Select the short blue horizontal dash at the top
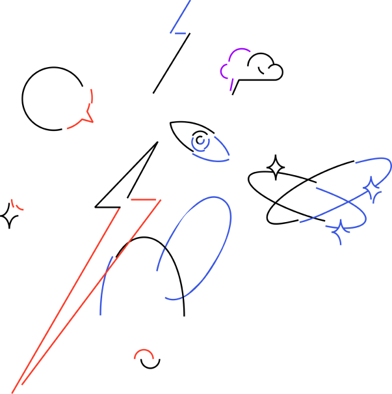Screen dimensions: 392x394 tap(180, 33)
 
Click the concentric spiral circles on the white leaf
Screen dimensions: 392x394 tap(200, 140)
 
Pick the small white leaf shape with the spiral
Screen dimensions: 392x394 tap(183, 130)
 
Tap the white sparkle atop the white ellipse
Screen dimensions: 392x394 tap(276, 169)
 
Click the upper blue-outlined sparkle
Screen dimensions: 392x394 tap(372, 190)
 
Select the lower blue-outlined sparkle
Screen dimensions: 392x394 tap(341, 232)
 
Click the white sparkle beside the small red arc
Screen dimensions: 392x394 tap(10, 214)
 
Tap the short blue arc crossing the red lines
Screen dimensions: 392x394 tap(103, 287)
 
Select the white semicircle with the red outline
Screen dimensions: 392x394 tap(144, 355)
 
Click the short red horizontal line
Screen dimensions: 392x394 tap(144, 199)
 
